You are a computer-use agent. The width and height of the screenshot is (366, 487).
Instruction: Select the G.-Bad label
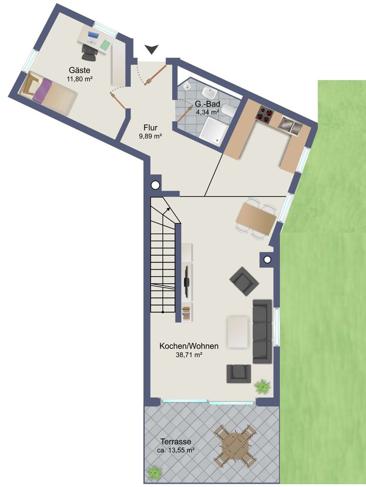(x=207, y=104)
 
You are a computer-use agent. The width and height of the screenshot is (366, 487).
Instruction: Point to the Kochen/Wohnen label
(x=189, y=347)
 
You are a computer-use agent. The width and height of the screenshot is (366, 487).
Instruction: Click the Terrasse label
(x=176, y=442)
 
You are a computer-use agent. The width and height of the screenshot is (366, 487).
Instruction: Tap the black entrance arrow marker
(x=152, y=49)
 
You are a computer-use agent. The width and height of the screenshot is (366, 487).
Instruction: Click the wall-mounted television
(x=187, y=281)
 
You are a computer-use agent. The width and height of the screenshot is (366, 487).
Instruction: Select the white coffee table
(x=238, y=332)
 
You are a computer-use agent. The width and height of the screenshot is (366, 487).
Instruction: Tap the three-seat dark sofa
(x=262, y=331)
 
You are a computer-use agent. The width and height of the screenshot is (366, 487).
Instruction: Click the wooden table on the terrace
(x=234, y=445)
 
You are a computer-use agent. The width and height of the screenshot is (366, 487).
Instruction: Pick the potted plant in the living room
(x=262, y=386)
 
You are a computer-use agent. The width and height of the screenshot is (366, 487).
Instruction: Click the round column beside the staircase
(x=155, y=185)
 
